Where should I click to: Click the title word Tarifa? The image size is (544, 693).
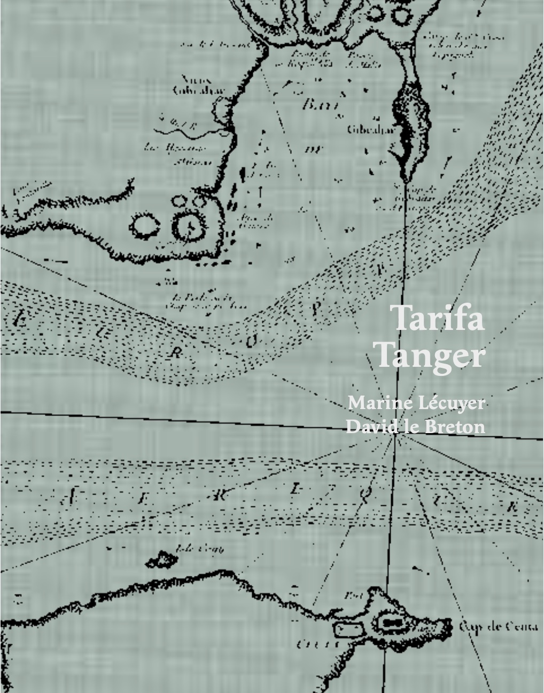[438, 319]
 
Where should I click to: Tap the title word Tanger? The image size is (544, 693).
[431, 356]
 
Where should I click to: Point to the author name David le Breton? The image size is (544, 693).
[416, 427]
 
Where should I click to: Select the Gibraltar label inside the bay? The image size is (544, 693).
[363, 129]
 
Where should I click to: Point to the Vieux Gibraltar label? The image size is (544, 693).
[191, 85]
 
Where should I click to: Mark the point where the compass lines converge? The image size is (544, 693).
[396, 434]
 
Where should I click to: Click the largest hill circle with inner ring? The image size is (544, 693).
[190, 227]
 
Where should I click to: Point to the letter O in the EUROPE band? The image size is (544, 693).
[250, 341]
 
